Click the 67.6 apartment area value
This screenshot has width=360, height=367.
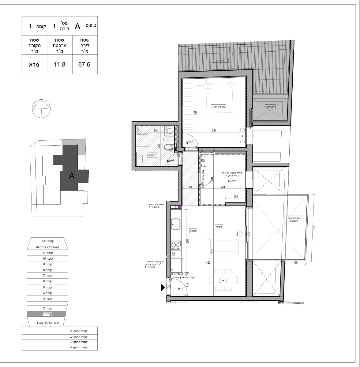[84, 65]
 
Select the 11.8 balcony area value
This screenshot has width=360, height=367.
[59, 65]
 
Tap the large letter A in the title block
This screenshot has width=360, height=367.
[78, 26]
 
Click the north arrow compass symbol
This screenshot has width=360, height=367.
[41, 109]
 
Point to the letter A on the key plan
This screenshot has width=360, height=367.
[72, 176]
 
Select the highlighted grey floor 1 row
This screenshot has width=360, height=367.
[46, 314]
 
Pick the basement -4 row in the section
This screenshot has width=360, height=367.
[60, 347]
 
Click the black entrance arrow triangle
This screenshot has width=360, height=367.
[162, 287]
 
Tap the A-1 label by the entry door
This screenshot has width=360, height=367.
[181, 289]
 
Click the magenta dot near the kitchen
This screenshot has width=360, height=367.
[179, 207]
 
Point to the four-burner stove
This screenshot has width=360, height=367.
[176, 245]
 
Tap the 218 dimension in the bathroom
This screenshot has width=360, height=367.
[156, 131]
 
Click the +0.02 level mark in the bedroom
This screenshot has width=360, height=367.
[191, 142]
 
